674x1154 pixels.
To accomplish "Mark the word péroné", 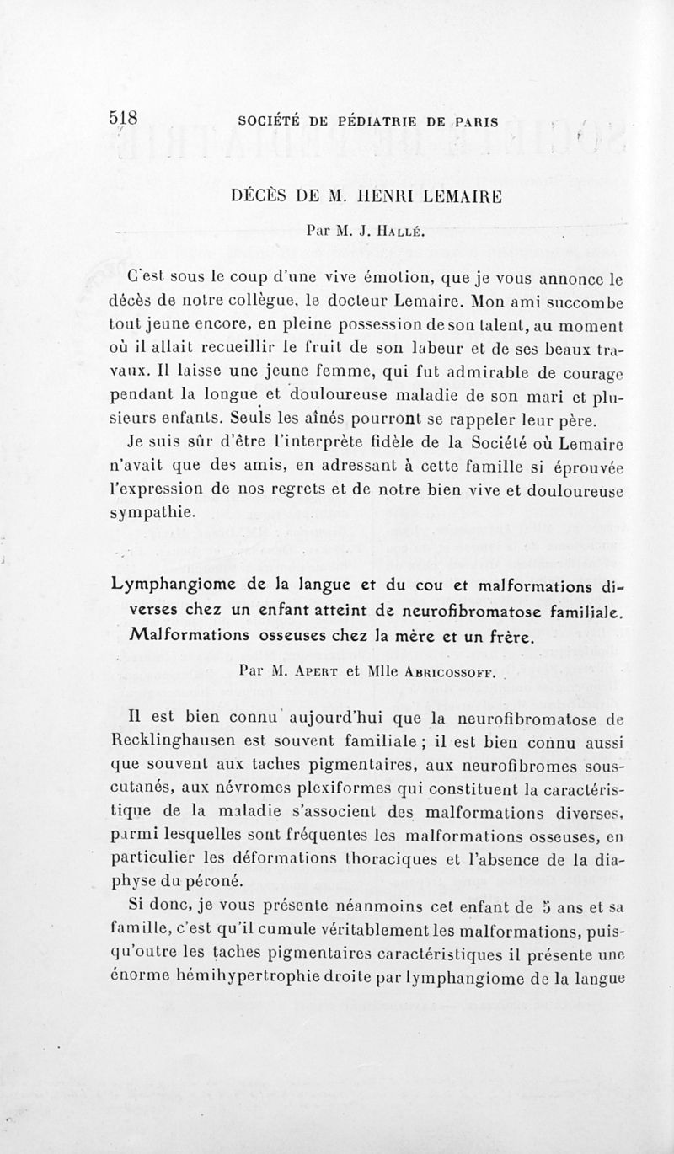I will (216, 881).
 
